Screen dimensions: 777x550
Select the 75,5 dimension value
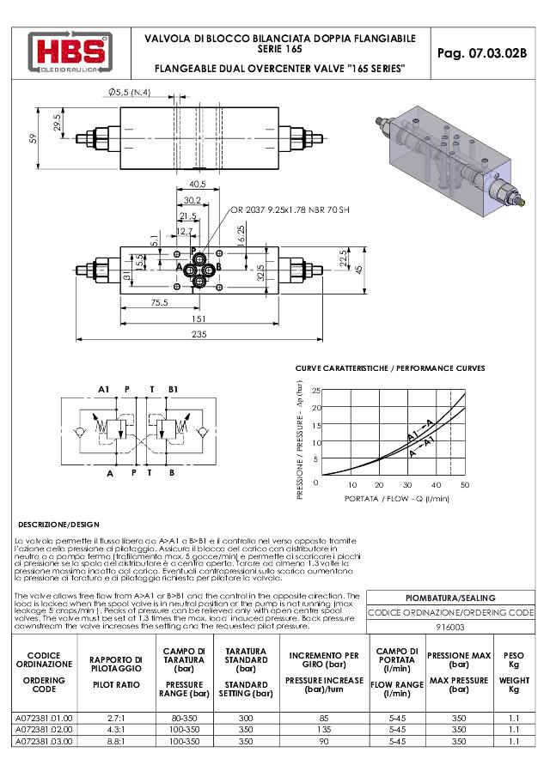(x=159, y=302)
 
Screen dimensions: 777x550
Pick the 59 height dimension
(x=34, y=138)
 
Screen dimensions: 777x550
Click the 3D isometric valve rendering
(x=447, y=159)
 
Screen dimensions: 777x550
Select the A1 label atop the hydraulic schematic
(x=104, y=389)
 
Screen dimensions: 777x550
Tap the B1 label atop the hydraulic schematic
(x=173, y=389)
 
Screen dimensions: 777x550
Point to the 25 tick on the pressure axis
(x=315, y=391)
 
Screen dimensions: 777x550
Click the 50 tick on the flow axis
(x=465, y=485)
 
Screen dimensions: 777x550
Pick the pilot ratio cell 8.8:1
(x=115, y=740)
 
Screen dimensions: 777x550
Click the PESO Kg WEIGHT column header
(x=514, y=671)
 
